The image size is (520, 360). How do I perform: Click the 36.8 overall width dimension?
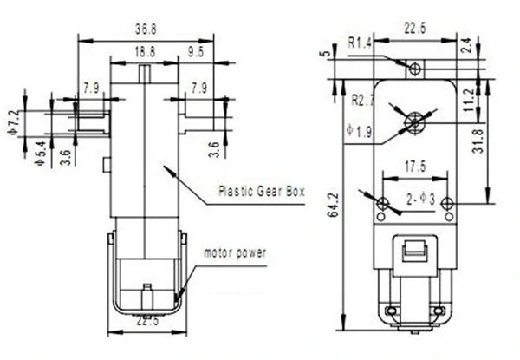(145, 29)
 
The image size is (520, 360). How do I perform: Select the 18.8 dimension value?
(145, 53)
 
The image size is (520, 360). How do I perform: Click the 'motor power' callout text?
(235, 253)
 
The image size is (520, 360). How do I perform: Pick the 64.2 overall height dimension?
(331, 205)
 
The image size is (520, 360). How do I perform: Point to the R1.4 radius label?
(360, 40)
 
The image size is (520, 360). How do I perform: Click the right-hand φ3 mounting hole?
(446, 203)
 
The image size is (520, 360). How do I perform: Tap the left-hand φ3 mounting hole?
(383, 202)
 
